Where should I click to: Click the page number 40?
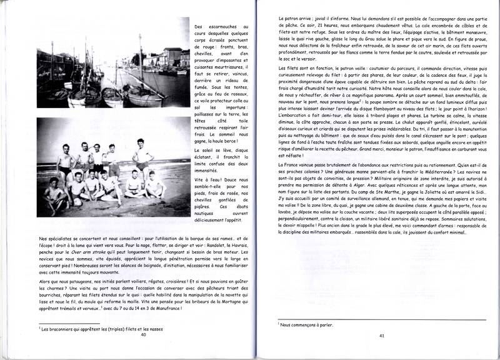click(144, 334)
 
